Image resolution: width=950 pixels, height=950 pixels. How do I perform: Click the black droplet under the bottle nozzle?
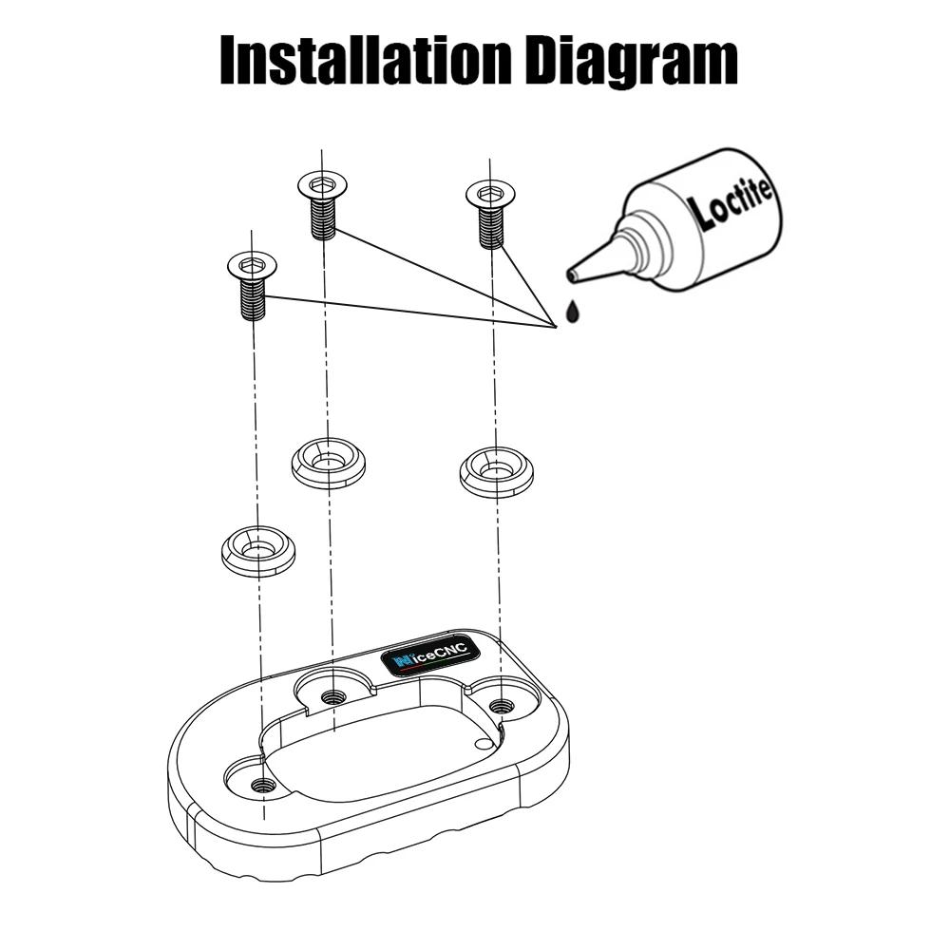click(571, 312)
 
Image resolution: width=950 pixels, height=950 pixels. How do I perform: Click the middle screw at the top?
click(323, 204)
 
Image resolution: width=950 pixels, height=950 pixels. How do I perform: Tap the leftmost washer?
click(257, 550)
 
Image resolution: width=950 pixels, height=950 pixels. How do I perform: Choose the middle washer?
click(328, 463)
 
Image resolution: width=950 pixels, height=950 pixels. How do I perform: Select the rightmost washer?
click(496, 471)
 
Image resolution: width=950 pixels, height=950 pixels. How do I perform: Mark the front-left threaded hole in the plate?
click(263, 785)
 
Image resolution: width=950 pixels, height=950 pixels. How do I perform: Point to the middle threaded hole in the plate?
click(332, 697)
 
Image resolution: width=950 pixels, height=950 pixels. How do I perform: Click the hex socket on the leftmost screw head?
click(252, 261)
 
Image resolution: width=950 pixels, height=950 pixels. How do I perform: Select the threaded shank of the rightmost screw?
click(491, 228)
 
